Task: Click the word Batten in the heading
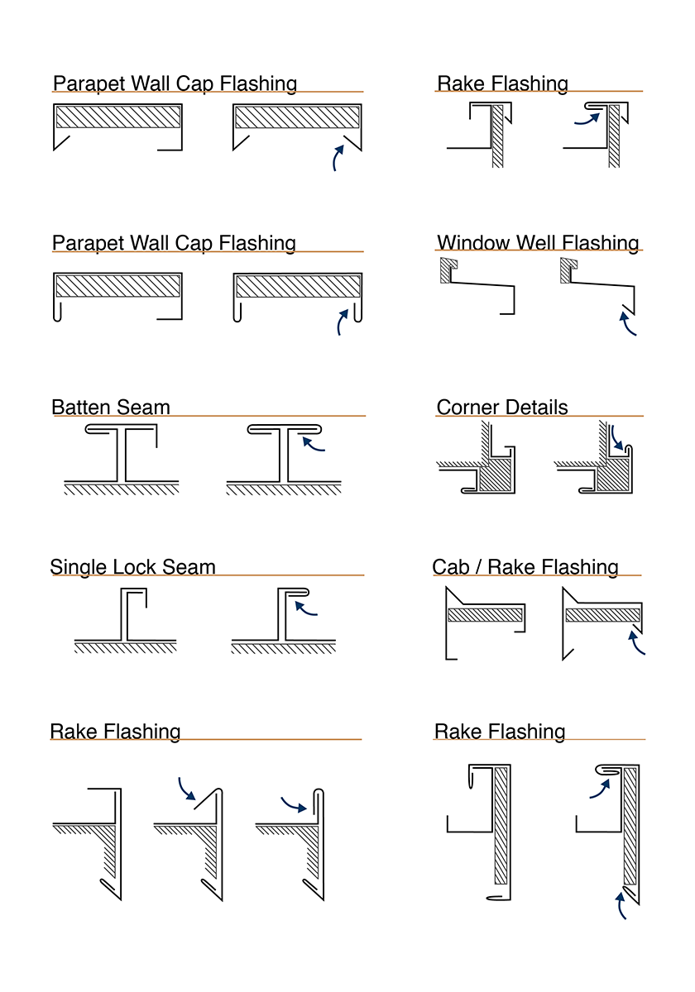tap(81, 407)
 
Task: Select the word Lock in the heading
tap(134, 567)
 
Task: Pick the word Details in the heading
tap(535, 407)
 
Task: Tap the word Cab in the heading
tap(451, 567)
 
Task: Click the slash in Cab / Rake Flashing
tap(479, 567)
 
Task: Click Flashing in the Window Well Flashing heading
tap(600, 243)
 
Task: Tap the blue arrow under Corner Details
tap(616, 438)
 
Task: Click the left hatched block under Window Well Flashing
tap(447, 271)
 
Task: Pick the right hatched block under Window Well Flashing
tap(567, 271)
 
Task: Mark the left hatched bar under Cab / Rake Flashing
tap(486, 615)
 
